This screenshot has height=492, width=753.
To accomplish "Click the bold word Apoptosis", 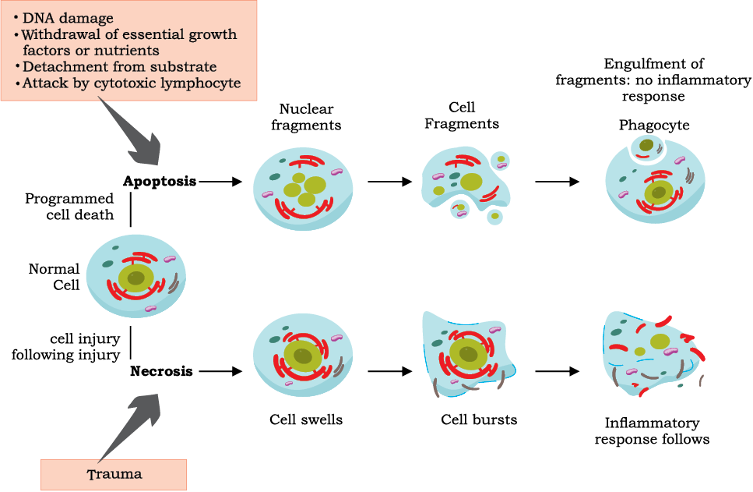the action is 160,182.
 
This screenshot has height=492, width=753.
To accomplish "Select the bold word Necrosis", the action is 161,371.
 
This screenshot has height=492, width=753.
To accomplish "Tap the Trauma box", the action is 114,475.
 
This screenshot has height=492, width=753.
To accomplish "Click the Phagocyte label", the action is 654,125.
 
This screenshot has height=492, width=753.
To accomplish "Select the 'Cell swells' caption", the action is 306,419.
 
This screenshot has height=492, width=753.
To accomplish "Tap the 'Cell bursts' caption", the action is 479,419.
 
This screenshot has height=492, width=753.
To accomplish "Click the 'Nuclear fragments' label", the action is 306,117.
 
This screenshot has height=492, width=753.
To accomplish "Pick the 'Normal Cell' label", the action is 55,277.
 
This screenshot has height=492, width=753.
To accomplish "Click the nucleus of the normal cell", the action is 136,278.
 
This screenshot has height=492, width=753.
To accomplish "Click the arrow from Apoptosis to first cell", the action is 220,182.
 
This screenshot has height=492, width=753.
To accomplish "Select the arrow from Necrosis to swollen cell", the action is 220,371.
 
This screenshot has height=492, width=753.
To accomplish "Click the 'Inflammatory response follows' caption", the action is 652,431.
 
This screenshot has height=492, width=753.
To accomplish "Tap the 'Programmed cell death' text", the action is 69,207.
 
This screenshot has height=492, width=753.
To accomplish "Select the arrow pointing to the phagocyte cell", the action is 557,182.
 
